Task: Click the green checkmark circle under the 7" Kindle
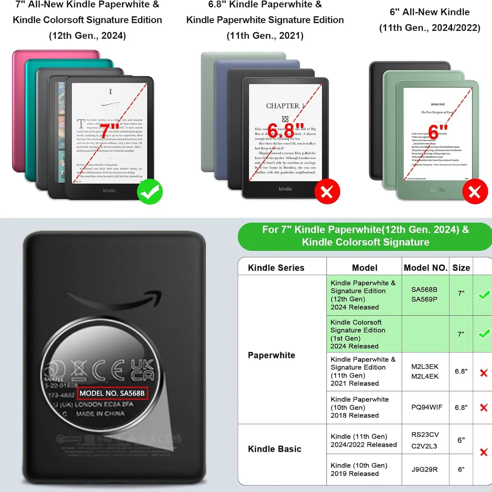pos(150,191)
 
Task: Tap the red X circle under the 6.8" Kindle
pos(327,191)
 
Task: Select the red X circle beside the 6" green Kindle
pos(475,191)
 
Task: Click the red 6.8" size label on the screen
pos(286,130)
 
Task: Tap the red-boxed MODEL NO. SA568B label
pos(112,393)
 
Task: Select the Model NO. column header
pos(425,268)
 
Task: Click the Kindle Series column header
pos(276,268)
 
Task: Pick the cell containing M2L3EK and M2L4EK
pos(425,371)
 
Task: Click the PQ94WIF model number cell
pos(426,407)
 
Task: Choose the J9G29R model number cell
pos(424,469)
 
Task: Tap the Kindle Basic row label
pos(275,449)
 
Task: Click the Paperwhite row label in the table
pos(271,355)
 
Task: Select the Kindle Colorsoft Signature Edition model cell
pos(358,334)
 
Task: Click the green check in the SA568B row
pos(484,294)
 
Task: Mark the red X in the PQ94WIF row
pos(484,408)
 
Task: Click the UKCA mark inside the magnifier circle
pos(142,370)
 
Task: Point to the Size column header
pos(461,268)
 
